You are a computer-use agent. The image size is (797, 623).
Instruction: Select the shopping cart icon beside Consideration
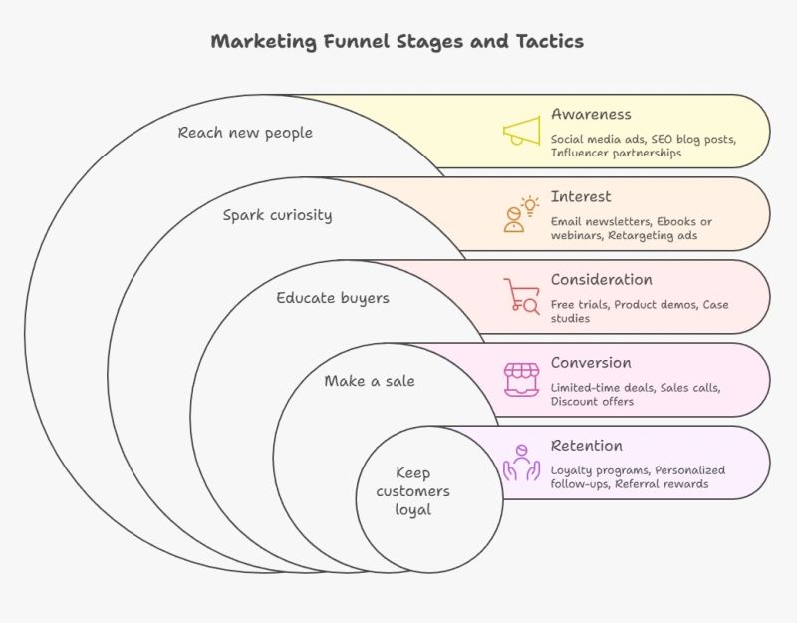click(521, 296)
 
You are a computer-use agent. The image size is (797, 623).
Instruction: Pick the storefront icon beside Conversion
click(521, 380)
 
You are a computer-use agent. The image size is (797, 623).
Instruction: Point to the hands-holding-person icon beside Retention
click(521, 463)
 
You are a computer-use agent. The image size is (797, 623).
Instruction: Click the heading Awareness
click(591, 114)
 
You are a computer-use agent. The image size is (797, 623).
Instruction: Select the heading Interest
click(581, 196)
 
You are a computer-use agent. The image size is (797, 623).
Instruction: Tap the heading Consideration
click(602, 279)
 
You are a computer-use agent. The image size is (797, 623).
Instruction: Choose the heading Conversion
click(591, 362)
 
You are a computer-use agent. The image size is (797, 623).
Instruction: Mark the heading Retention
click(587, 445)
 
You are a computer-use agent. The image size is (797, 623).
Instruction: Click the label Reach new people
click(245, 132)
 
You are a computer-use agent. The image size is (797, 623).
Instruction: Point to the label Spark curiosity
click(277, 214)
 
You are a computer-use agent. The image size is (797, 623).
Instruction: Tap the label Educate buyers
click(333, 297)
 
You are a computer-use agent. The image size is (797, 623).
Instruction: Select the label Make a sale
click(370, 380)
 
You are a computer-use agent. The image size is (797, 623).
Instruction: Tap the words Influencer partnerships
click(616, 153)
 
